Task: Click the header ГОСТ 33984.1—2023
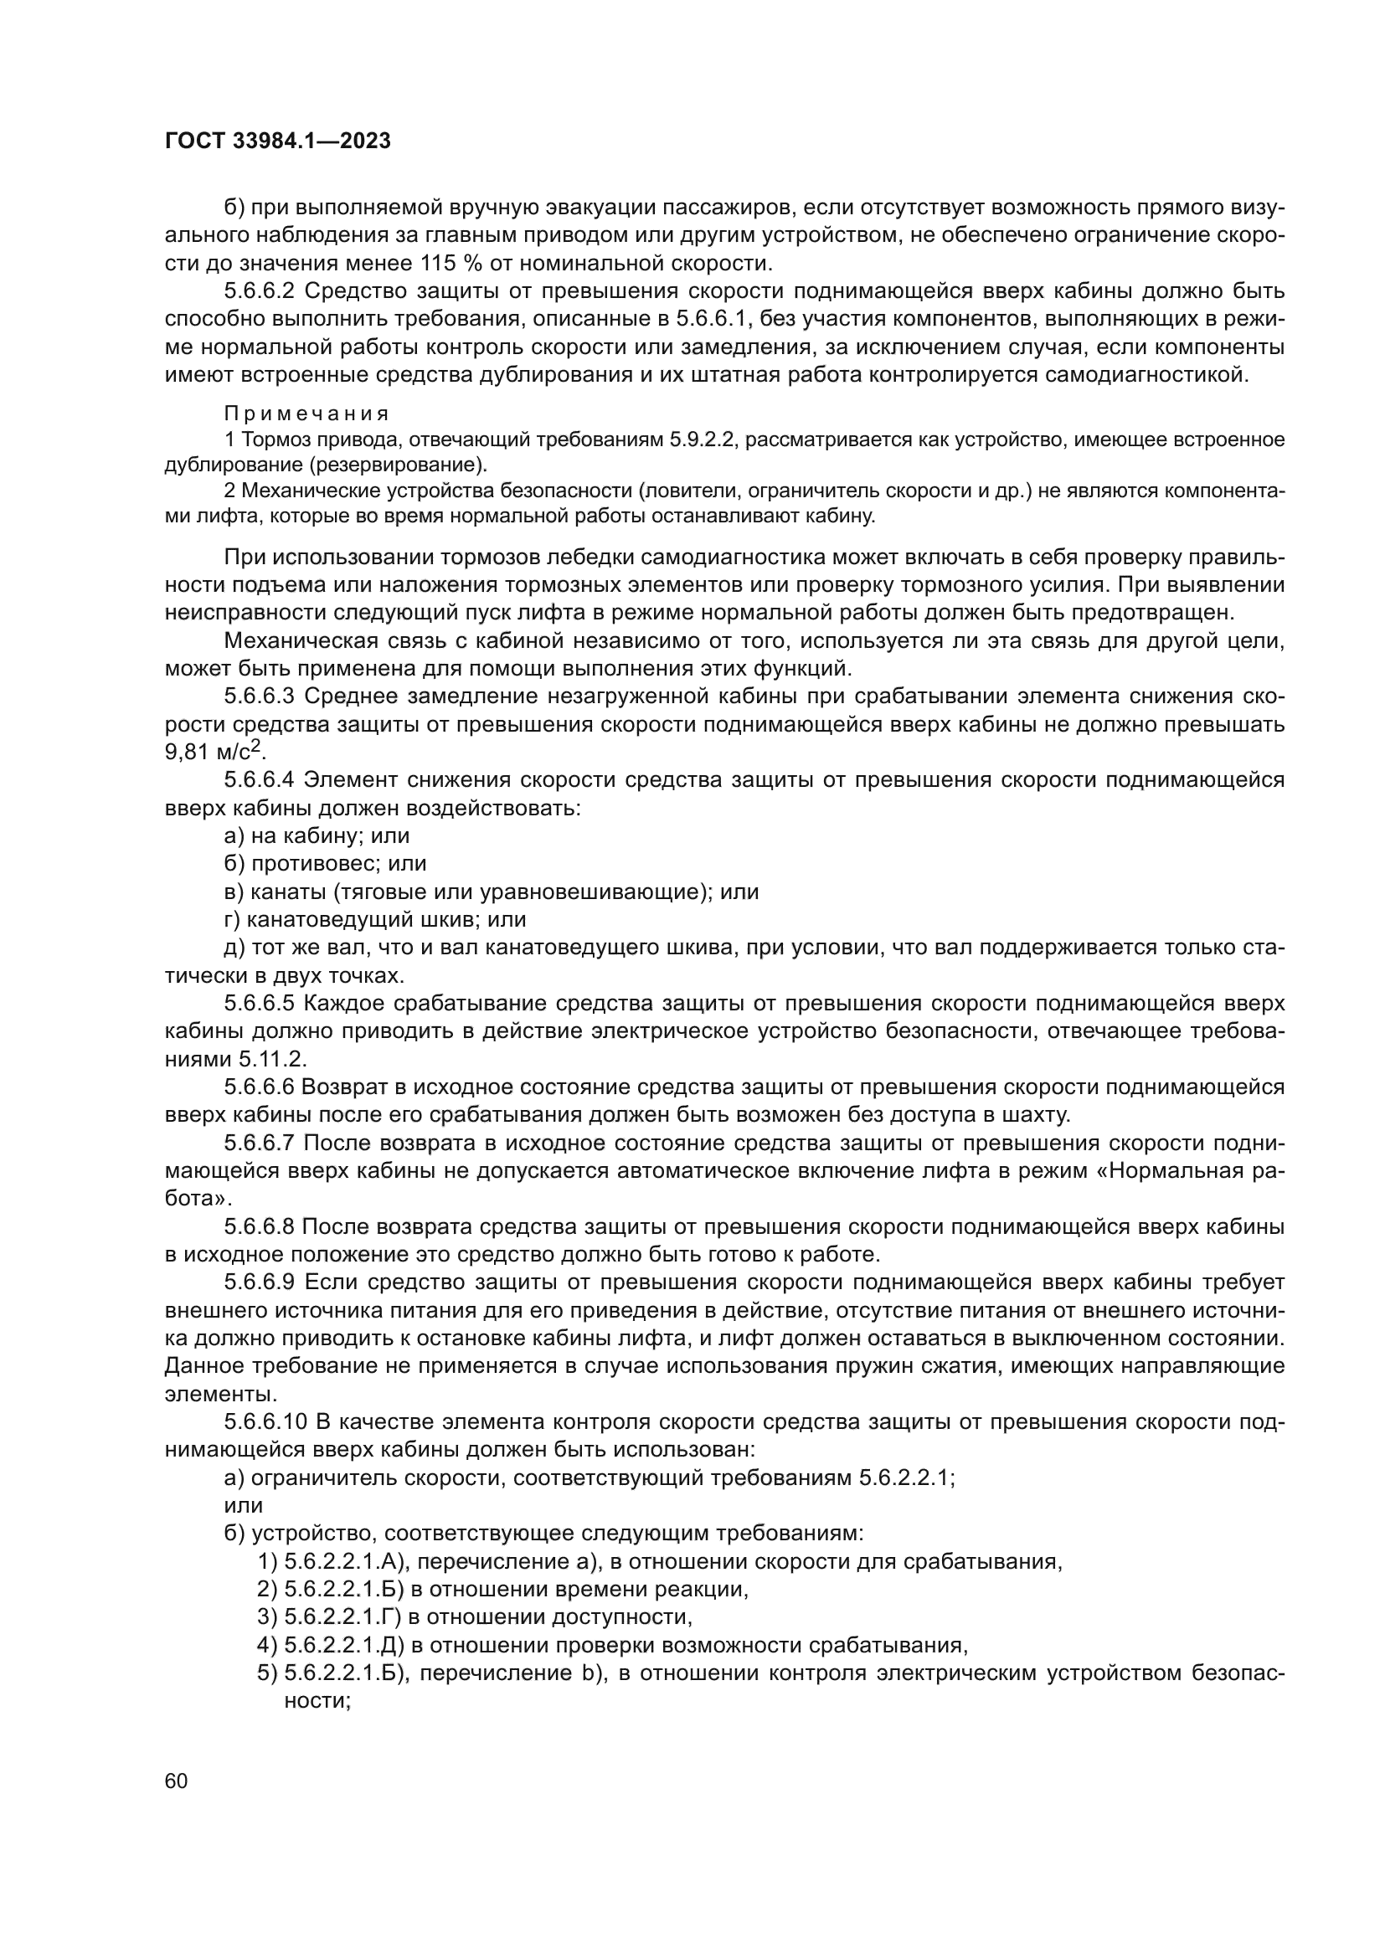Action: [277, 141]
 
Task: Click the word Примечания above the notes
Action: [306, 414]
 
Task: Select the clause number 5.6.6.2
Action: [260, 291]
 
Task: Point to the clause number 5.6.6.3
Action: [260, 696]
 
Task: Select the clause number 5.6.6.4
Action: [260, 780]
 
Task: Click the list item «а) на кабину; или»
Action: [317, 835]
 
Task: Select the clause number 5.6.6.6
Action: [260, 1087]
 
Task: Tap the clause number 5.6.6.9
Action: [260, 1282]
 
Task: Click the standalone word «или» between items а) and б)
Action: [243, 1505]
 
